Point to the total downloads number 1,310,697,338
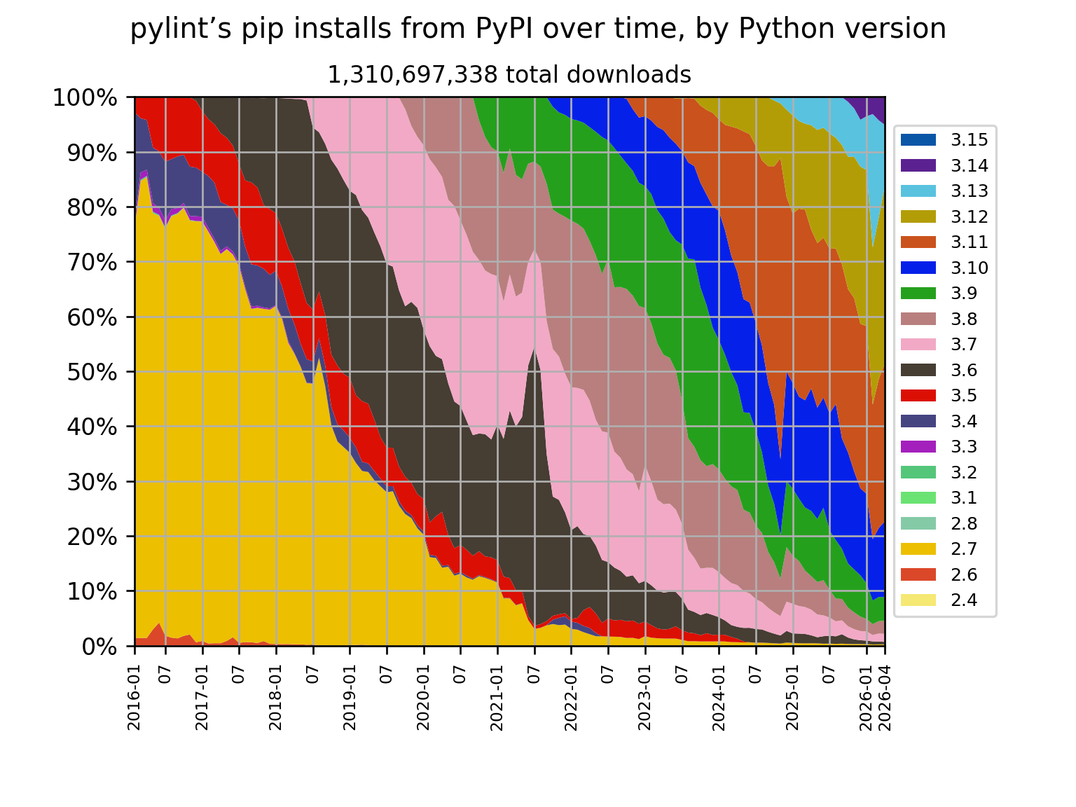click(413, 76)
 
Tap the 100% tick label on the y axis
click(85, 98)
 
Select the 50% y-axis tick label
click(92, 373)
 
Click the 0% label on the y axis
click(99, 647)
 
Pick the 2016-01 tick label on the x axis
click(134, 697)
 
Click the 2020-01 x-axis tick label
click(423, 697)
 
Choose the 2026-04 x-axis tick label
click(885, 697)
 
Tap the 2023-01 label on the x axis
click(644, 697)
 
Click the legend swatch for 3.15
click(918, 140)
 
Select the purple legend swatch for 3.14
click(918, 165)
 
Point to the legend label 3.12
click(969, 216)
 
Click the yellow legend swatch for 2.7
click(918, 549)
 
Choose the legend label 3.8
click(964, 319)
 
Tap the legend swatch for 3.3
click(918, 446)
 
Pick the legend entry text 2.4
click(964, 600)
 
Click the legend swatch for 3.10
click(918, 268)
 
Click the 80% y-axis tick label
click(92, 208)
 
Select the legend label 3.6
click(964, 370)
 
